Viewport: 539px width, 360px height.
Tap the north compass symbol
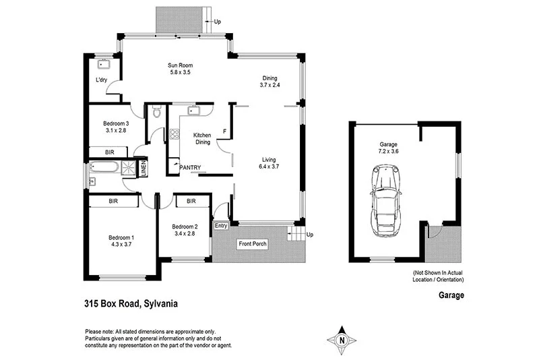(x=342, y=340)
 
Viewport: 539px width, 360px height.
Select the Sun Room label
(x=181, y=65)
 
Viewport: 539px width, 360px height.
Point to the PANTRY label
(x=191, y=167)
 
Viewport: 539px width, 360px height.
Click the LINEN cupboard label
(x=144, y=169)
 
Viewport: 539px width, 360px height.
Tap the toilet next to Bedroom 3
(x=156, y=113)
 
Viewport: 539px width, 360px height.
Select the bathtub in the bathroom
(x=105, y=167)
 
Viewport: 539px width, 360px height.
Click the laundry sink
(x=104, y=65)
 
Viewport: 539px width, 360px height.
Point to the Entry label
(x=221, y=226)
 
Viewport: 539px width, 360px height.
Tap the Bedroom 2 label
(x=184, y=227)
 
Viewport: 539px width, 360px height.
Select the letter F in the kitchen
(x=224, y=130)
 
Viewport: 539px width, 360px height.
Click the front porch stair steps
(x=296, y=234)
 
